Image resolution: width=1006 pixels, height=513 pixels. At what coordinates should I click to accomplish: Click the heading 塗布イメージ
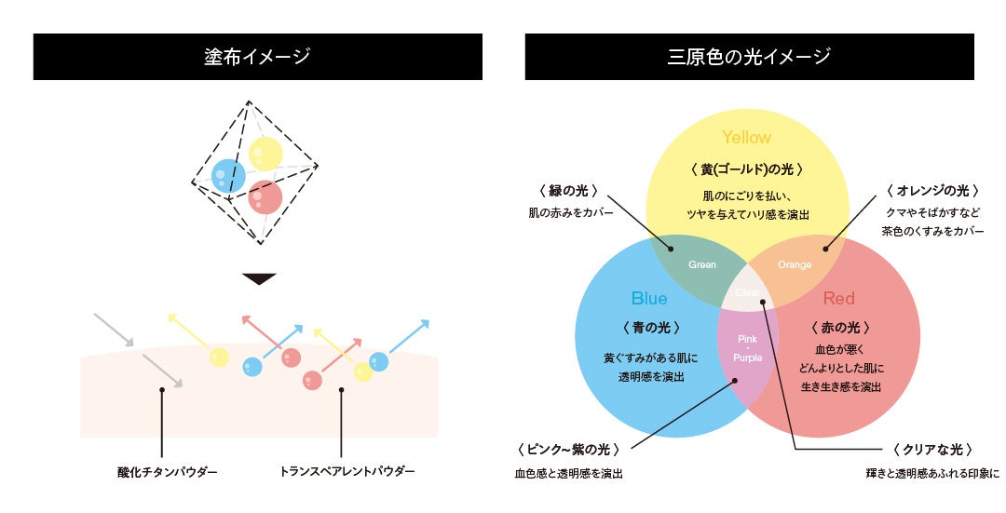coord(257,57)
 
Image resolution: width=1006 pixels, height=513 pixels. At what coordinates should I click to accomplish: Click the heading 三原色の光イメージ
coord(748,57)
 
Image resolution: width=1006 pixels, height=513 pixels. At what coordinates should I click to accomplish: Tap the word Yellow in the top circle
coord(746,138)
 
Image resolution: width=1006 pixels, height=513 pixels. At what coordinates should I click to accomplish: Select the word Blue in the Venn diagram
coord(649,299)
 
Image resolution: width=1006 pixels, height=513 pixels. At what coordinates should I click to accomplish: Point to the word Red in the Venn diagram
coord(838,299)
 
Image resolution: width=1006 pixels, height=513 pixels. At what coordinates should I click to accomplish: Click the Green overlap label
coord(701,265)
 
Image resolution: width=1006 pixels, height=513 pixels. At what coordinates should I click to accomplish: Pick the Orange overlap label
coord(795,265)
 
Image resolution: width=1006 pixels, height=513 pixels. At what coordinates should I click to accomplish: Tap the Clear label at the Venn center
coord(748,292)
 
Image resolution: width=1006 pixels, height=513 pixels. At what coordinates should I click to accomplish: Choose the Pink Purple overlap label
coord(748,348)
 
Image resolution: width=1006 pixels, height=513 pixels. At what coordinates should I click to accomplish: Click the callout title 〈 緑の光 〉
coord(567,191)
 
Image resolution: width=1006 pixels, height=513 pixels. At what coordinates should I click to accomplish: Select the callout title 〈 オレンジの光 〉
coord(932,191)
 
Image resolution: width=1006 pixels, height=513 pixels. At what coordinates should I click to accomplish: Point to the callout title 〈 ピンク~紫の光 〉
coord(567,450)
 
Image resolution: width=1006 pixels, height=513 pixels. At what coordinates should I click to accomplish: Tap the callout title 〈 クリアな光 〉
coord(932,450)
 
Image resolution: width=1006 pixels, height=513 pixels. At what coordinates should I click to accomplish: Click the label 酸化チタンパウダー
coord(161,472)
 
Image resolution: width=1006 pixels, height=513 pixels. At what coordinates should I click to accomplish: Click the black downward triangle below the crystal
coord(258,278)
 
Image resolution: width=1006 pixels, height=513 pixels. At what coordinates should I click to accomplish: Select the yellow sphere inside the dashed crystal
coord(265,154)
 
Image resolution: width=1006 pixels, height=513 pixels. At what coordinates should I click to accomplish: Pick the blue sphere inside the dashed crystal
coord(228,175)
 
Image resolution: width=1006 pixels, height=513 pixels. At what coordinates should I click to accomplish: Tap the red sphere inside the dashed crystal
coord(265,196)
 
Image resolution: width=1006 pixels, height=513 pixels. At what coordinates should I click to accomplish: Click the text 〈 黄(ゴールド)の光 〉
coord(746,169)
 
